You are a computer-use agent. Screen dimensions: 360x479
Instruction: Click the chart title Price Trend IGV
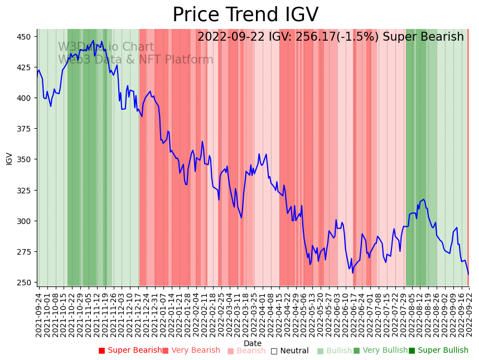pyautogui.click(x=245, y=15)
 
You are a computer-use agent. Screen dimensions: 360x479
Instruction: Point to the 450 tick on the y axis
pyautogui.click(x=27, y=37)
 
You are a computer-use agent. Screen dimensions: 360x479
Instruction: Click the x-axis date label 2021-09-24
pyautogui.click(x=38, y=312)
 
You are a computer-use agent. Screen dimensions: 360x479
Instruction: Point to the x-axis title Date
pyautogui.click(x=253, y=343)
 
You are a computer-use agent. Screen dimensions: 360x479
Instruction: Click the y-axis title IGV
pyautogui.click(x=9, y=158)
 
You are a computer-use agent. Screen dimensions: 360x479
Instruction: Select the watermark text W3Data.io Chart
pyautogui.click(x=106, y=47)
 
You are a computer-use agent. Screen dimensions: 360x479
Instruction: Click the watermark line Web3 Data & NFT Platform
pyautogui.click(x=136, y=60)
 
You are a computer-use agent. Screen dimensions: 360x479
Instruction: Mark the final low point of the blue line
pyautogui.click(x=468, y=274)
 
